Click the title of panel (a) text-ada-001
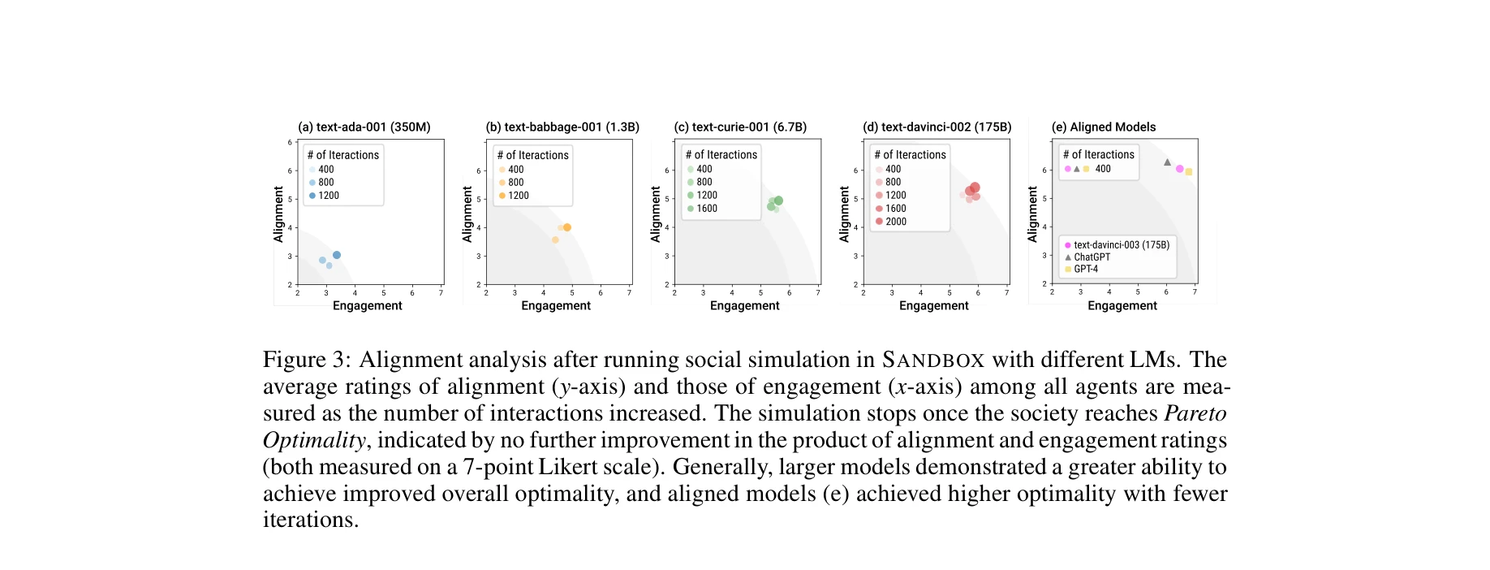pyautogui.click(x=364, y=127)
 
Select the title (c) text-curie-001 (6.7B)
pyautogui.click(x=740, y=127)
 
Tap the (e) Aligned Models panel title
pyautogui.click(x=1103, y=127)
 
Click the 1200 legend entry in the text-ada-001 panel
pyautogui.click(x=328, y=196)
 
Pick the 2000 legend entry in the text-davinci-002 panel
pyautogui.click(x=895, y=222)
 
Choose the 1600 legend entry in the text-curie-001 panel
pyautogui.click(x=706, y=209)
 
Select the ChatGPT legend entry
pyautogui.click(x=1092, y=257)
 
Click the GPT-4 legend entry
pyautogui.click(x=1085, y=269)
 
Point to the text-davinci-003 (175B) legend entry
pyautogui.click(x=1121, y=244)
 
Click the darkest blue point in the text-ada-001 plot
pyautogui.click(x=337, y=255)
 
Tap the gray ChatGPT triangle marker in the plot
pyautogui.click(x=1168, y=162)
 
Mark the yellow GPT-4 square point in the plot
pyautogui.click(x=1189, y=172)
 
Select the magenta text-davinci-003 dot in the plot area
pyautogui.click(x=1179, y=169)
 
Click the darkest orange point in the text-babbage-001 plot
pyautogui.click(x=567, y=227)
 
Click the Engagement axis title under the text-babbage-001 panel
pyautogui.click(x=556, y=306)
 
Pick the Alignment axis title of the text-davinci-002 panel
pyautogui.click(x=844, y=214)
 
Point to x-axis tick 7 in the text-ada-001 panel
pyautogui.click(x=441, y=293)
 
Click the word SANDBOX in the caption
pyautogui.click(x=933, y=360)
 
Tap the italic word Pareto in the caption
pyautogui.click(x=1195, y=413)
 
